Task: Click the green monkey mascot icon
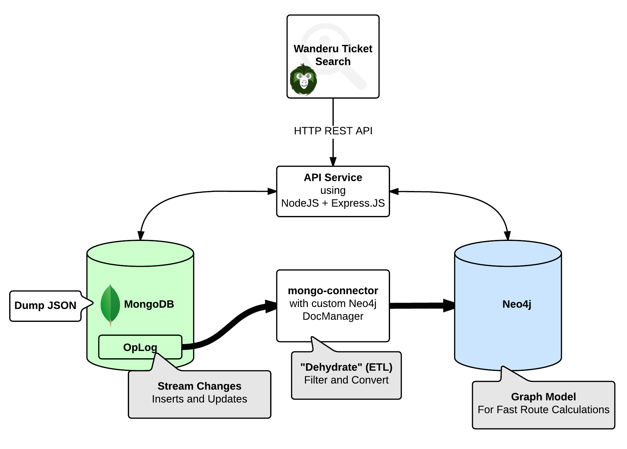(303, 79)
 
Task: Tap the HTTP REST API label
(333, 131)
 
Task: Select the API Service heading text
(333, 177)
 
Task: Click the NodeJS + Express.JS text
(333, 203)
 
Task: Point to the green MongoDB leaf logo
(110, 304)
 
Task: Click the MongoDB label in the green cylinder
(149, 304)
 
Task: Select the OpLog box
(140, 347)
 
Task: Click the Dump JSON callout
(45, 305)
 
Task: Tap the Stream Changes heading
(199, 386)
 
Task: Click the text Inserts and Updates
(199, 399)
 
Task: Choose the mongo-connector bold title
(333, 291)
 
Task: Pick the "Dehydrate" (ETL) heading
(346, 367)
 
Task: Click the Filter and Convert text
(346, 380)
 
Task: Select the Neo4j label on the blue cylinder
(516, 304)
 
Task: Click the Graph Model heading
(543, 397)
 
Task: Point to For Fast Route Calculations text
(543, 410)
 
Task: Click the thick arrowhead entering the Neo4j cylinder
(449, 305)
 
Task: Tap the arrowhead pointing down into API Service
(333, 161)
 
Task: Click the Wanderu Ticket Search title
(333, 55)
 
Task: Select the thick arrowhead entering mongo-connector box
(271, 306)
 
